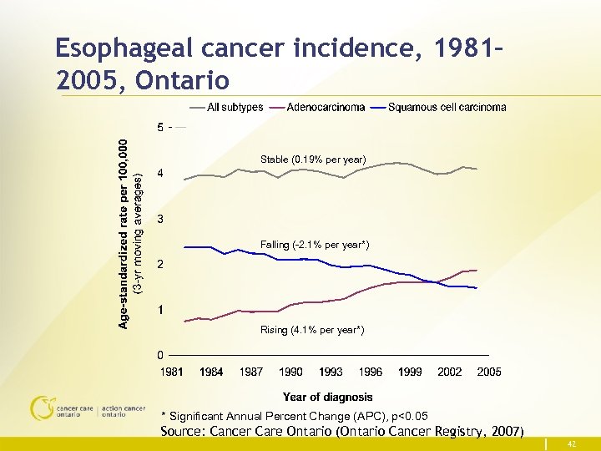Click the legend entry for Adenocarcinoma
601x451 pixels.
click(326, 107)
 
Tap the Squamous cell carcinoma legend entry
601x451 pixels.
click(447, 107)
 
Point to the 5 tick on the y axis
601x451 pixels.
click(160, 128)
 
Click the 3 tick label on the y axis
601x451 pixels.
click(160, 219)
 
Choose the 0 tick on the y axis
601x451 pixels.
click(160, 356)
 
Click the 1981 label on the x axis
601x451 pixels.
click(172, 372)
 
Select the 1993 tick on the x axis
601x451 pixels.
click(331, 372)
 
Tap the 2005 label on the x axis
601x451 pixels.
click(489, 372)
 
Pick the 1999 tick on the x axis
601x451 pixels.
click(410, 372)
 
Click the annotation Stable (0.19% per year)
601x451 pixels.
click(313, 160)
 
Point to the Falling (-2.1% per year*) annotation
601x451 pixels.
click(314, 245)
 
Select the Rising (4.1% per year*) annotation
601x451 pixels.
click(312, 330)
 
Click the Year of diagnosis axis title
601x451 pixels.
click(328, 397)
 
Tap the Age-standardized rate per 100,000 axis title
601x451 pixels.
click(124, 234)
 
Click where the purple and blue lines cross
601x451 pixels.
click(435, 282)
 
